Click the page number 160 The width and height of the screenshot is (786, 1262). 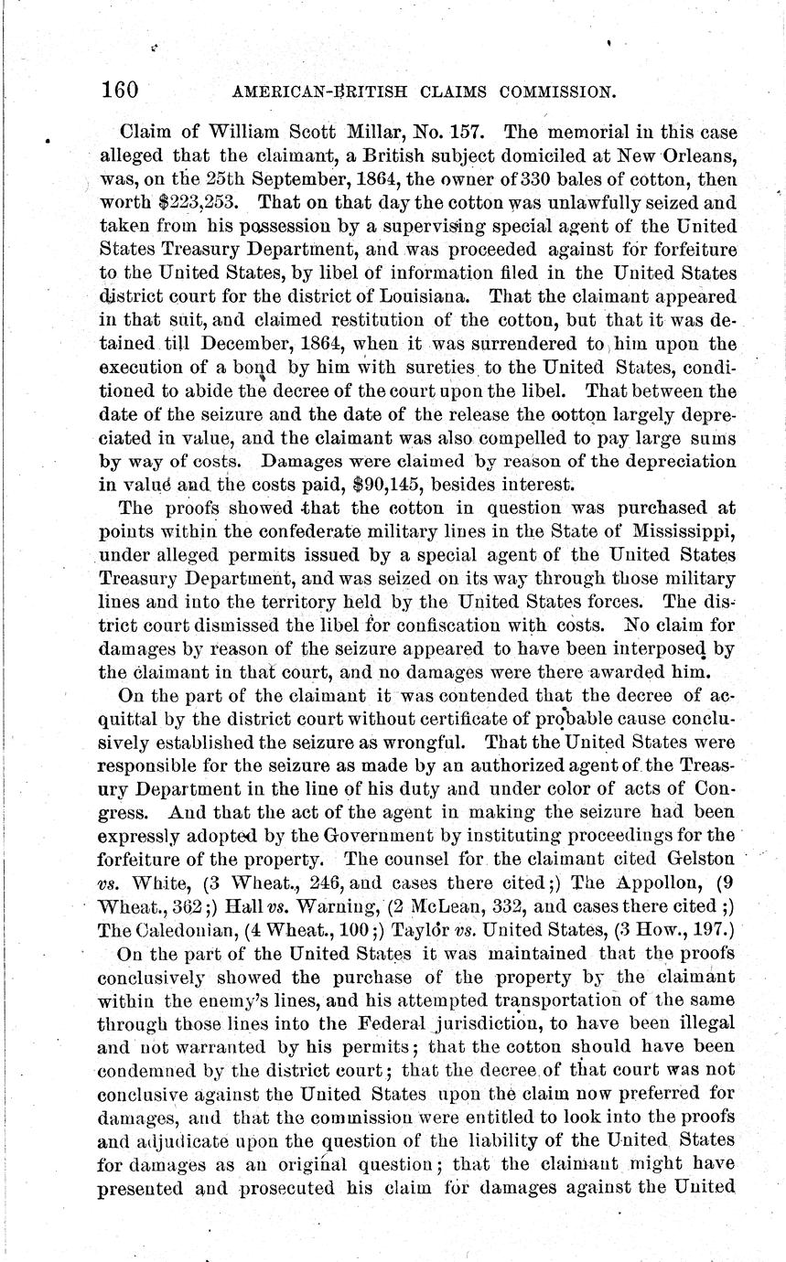point(120,90)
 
